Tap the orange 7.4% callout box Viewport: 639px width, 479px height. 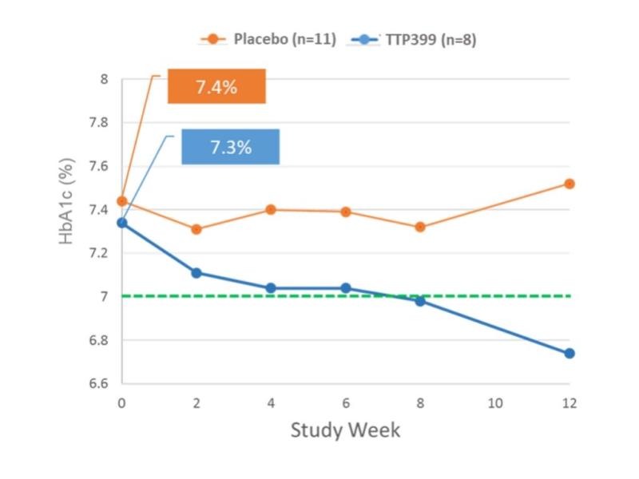tap(216, 87)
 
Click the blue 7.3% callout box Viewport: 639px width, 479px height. tap(230, 147)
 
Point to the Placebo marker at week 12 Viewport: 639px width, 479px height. tap(570, 184)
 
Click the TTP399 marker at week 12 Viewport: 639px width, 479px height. tap(570, 353)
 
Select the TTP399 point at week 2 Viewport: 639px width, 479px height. tap(196, 273)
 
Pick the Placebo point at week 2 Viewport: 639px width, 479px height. tap(196, 229)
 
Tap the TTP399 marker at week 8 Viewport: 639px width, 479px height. tap(420, 301)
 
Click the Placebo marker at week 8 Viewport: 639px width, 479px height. tap(420, 227)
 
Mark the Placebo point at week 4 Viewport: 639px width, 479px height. tap(271, 209)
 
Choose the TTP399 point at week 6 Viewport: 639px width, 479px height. tap(346, 288)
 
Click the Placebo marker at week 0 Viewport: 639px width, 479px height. tap(121, 201)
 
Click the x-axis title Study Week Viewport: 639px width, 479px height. tap(345, 430)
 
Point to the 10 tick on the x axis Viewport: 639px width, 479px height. tap(494, 402)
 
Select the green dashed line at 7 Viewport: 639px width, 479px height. tap(479, 296)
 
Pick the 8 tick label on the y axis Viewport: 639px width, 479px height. tap(104, 79)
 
